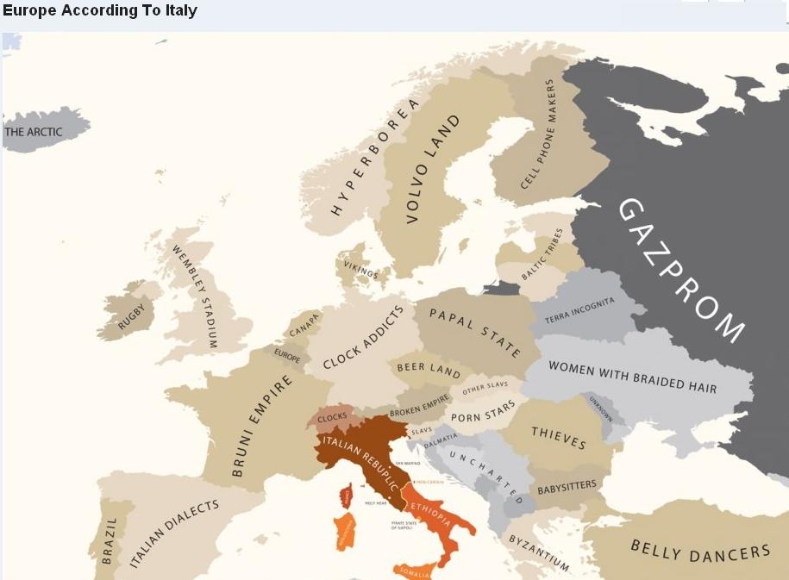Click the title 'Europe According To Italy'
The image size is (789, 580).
point(100,11)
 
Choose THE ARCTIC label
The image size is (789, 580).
point(34,132)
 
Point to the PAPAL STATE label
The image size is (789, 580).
point(474,333)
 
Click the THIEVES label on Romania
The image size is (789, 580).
point(558,438)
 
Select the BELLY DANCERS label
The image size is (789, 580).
point(700,549)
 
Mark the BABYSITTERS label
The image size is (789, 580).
point(567,487)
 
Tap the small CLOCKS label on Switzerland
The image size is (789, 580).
point(332,417)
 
